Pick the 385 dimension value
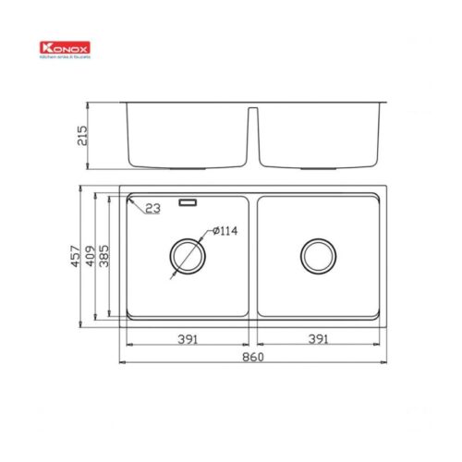pos(105,257)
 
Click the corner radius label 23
pos(153,210)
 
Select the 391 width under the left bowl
pos(188,338)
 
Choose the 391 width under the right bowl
pos(319,338)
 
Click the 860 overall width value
pos(253,357)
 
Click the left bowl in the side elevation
pos(186,134)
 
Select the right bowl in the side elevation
pos(320,134)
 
